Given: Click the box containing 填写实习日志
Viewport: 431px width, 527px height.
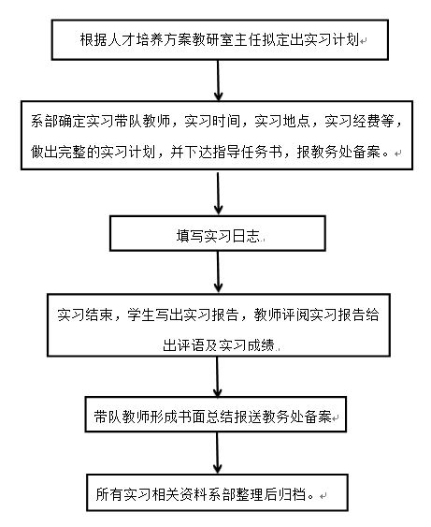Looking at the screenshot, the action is coord(218,233).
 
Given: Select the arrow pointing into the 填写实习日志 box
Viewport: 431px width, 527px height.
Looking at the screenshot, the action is coord(218,193).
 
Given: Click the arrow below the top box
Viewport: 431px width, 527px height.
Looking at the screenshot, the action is coord(218,81).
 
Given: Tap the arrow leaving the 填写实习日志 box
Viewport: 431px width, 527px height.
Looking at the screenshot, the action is coord(218,271).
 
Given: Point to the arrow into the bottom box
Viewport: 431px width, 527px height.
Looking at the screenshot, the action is coord(218,453).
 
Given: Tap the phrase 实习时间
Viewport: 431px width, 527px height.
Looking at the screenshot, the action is coord(212,121).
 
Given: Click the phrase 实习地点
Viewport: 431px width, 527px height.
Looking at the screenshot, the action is coord(282,121).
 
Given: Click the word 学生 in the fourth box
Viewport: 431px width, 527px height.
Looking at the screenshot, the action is coord(141,315).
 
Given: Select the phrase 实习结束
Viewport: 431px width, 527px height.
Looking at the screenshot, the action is coord(85,315).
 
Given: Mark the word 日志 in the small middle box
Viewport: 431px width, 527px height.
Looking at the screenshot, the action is coord(246,236).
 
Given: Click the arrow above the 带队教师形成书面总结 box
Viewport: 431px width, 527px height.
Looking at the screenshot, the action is coord(218,377).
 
